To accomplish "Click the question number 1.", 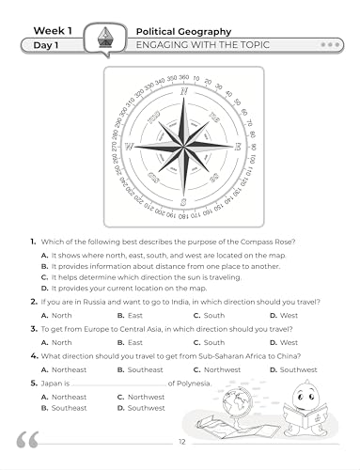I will tap(33, 243).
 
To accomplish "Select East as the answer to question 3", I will tap(122, 343).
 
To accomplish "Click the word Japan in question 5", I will tap(53, 384).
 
